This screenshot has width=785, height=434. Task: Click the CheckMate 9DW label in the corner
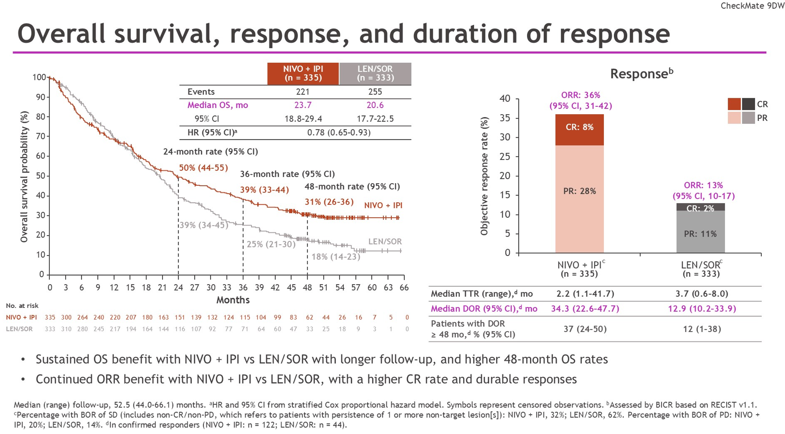(x=752, y=6)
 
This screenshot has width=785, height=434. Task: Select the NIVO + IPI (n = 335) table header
(x=303, y=73)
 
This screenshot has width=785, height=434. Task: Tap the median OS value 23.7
(x=303, y=105)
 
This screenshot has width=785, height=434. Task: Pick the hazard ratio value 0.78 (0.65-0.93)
(x=339, y=133)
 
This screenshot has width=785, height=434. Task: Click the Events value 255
(x=375, y=92)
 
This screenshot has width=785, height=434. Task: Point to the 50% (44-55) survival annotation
(x=203, y=168)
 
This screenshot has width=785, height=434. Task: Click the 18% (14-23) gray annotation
(x=336, y=257)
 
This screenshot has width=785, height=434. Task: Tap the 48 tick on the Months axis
(x=307, y=287)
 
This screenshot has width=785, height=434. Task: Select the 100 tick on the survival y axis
(x=39, y=77)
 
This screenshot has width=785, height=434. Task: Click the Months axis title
(x=233, y=300)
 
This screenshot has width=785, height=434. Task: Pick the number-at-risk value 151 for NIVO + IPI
(x=180, y=318)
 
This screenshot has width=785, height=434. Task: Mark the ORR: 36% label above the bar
(x=580, y=95)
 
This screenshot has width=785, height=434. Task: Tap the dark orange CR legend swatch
(x=734, y=104)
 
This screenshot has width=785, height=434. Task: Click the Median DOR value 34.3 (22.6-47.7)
(x=585, y=309)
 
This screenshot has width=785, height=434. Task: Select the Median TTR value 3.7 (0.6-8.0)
(x=701, y=294)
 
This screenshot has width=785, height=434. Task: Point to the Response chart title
(x=642, y=73)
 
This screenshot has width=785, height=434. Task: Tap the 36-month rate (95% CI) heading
(x=287, y=174)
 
